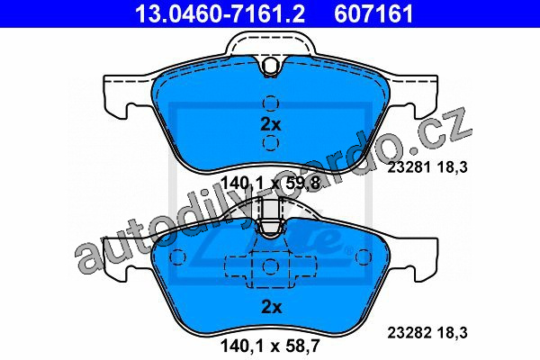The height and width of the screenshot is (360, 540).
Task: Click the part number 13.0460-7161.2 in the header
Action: (220, 13)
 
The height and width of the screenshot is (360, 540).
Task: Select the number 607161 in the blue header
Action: (373, 13)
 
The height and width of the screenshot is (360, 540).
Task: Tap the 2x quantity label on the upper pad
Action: (271, 124)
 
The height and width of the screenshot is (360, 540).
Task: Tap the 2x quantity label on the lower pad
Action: (272, 307)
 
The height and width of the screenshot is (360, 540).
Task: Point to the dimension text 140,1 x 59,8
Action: (271, 183)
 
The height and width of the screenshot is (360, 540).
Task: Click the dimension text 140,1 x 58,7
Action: (271, 346)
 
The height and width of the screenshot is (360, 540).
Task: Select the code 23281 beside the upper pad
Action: (409, 167)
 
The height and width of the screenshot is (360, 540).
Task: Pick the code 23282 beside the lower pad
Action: (409, 333)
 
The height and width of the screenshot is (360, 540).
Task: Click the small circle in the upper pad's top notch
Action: (270, 65)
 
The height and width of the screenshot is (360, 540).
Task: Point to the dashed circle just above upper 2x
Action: (271, 103)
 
